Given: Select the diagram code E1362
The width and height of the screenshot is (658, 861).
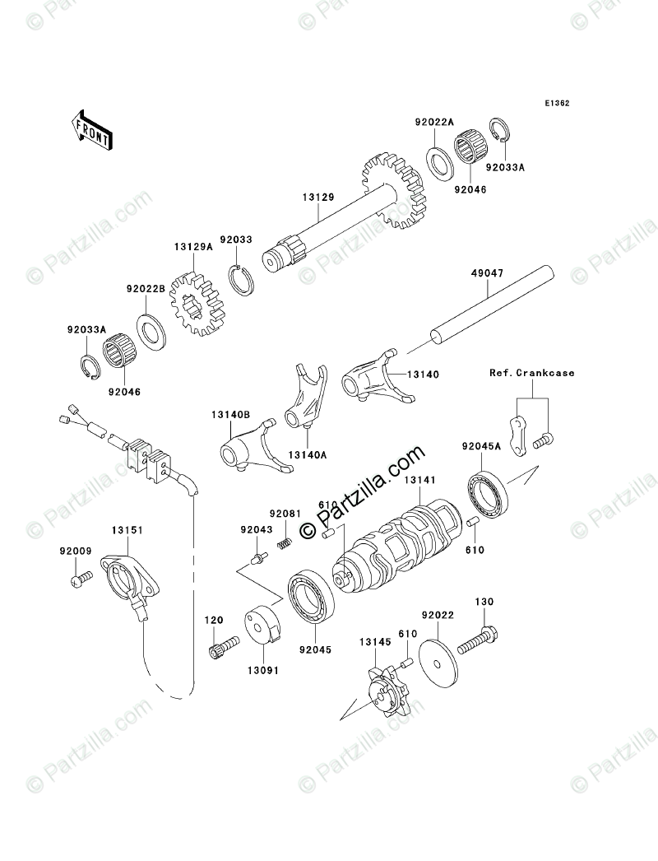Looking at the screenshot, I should point(557,105).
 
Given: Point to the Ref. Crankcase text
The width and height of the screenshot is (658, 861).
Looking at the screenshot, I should point(531,373).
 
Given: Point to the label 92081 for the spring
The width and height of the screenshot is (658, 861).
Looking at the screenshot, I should point(285,514).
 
